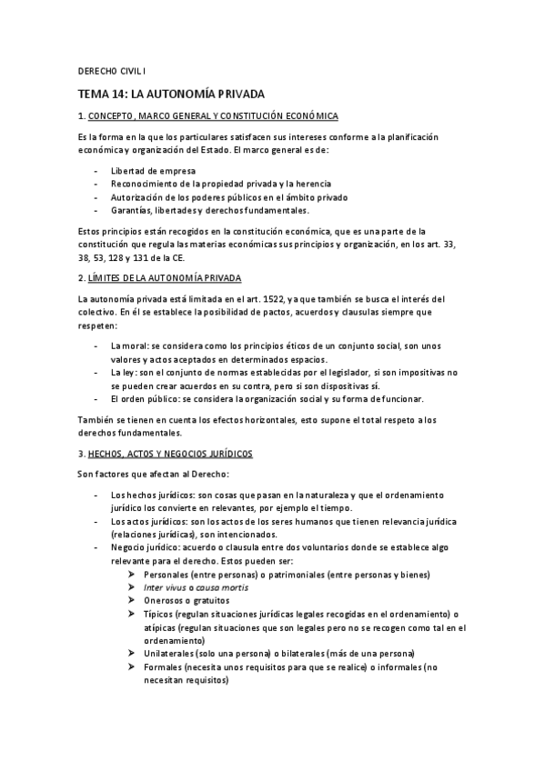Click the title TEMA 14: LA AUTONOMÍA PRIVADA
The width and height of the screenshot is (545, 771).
tap(170, 93)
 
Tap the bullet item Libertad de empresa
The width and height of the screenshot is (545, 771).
tap(152, 170)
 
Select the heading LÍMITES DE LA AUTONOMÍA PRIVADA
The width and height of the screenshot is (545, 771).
tap(164, 276)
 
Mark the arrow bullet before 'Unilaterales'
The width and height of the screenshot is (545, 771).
tap(133, 654)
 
